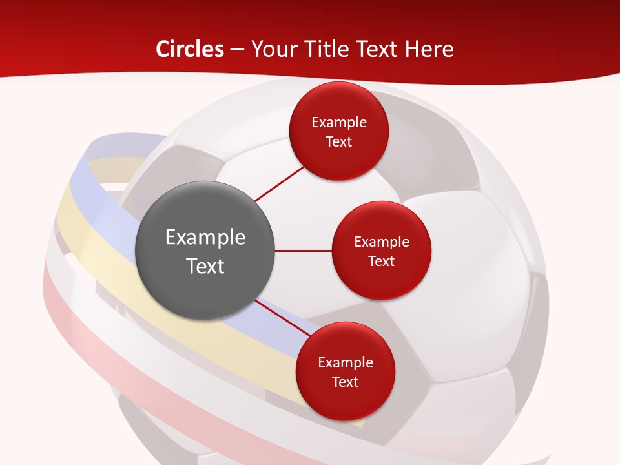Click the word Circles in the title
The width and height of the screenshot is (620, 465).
point(190,49)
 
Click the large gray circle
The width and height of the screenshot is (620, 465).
point(205,251)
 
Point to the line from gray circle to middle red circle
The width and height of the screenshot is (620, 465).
point(304,251)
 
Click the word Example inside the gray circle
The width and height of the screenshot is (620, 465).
point(205,238)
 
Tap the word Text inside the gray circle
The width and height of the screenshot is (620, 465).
point(205,266)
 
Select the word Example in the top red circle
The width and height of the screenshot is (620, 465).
point(339,123)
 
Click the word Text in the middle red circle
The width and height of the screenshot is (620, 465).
point(382,261)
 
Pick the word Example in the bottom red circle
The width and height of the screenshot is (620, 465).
point(345,363)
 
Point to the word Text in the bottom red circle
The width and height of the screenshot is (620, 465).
point(345,382)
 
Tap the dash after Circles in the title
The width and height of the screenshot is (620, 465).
point(237,49)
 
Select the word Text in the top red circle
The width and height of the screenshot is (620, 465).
point(339,142)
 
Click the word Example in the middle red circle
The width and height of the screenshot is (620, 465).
point(382,242)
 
